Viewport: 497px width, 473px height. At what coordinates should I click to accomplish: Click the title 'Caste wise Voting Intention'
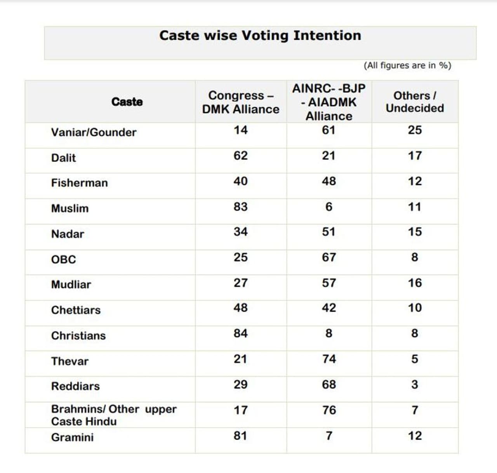[x=260, y=36]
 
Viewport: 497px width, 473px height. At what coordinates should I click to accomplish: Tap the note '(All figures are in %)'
[x=407, y=66]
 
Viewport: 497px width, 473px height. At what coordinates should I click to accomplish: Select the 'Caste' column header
[x=127, y=102]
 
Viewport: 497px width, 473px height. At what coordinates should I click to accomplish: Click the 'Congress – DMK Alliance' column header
[x=241, y=102]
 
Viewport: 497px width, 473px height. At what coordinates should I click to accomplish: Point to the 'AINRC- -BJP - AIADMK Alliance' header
[x=329, y=102]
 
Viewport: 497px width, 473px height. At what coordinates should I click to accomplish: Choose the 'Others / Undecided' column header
[x=415, y=102]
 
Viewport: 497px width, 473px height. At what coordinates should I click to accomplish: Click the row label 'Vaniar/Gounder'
[x=94, y=132]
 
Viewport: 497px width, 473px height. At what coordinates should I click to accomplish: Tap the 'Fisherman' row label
[x=79, y=183]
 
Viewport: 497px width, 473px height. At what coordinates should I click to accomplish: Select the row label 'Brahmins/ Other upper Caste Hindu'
[x=114, y=415]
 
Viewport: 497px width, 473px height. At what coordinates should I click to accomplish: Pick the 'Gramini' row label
[x=72, y=437]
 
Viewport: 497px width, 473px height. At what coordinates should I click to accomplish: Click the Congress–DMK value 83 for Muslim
[x=240, y=206]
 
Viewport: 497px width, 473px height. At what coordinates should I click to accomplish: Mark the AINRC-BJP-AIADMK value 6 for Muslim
[x=329, y=206]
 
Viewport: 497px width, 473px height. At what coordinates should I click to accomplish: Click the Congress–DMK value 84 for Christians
[x=240, y=333]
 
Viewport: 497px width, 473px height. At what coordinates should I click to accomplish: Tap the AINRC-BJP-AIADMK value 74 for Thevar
[x=329, y=359]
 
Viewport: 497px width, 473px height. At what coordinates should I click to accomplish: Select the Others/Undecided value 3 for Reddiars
[x=415, y=385]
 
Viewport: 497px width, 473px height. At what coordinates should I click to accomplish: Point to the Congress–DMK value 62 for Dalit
[x=240, y=156]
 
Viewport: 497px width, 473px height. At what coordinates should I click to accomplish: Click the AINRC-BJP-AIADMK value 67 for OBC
[x=329, y=257]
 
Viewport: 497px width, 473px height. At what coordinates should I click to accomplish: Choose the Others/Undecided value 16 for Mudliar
[x=415, y=283]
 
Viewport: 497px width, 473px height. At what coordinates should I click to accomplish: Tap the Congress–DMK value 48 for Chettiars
[x=240, y=308]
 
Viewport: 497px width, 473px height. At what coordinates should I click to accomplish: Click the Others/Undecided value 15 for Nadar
[x=415, y=232]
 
